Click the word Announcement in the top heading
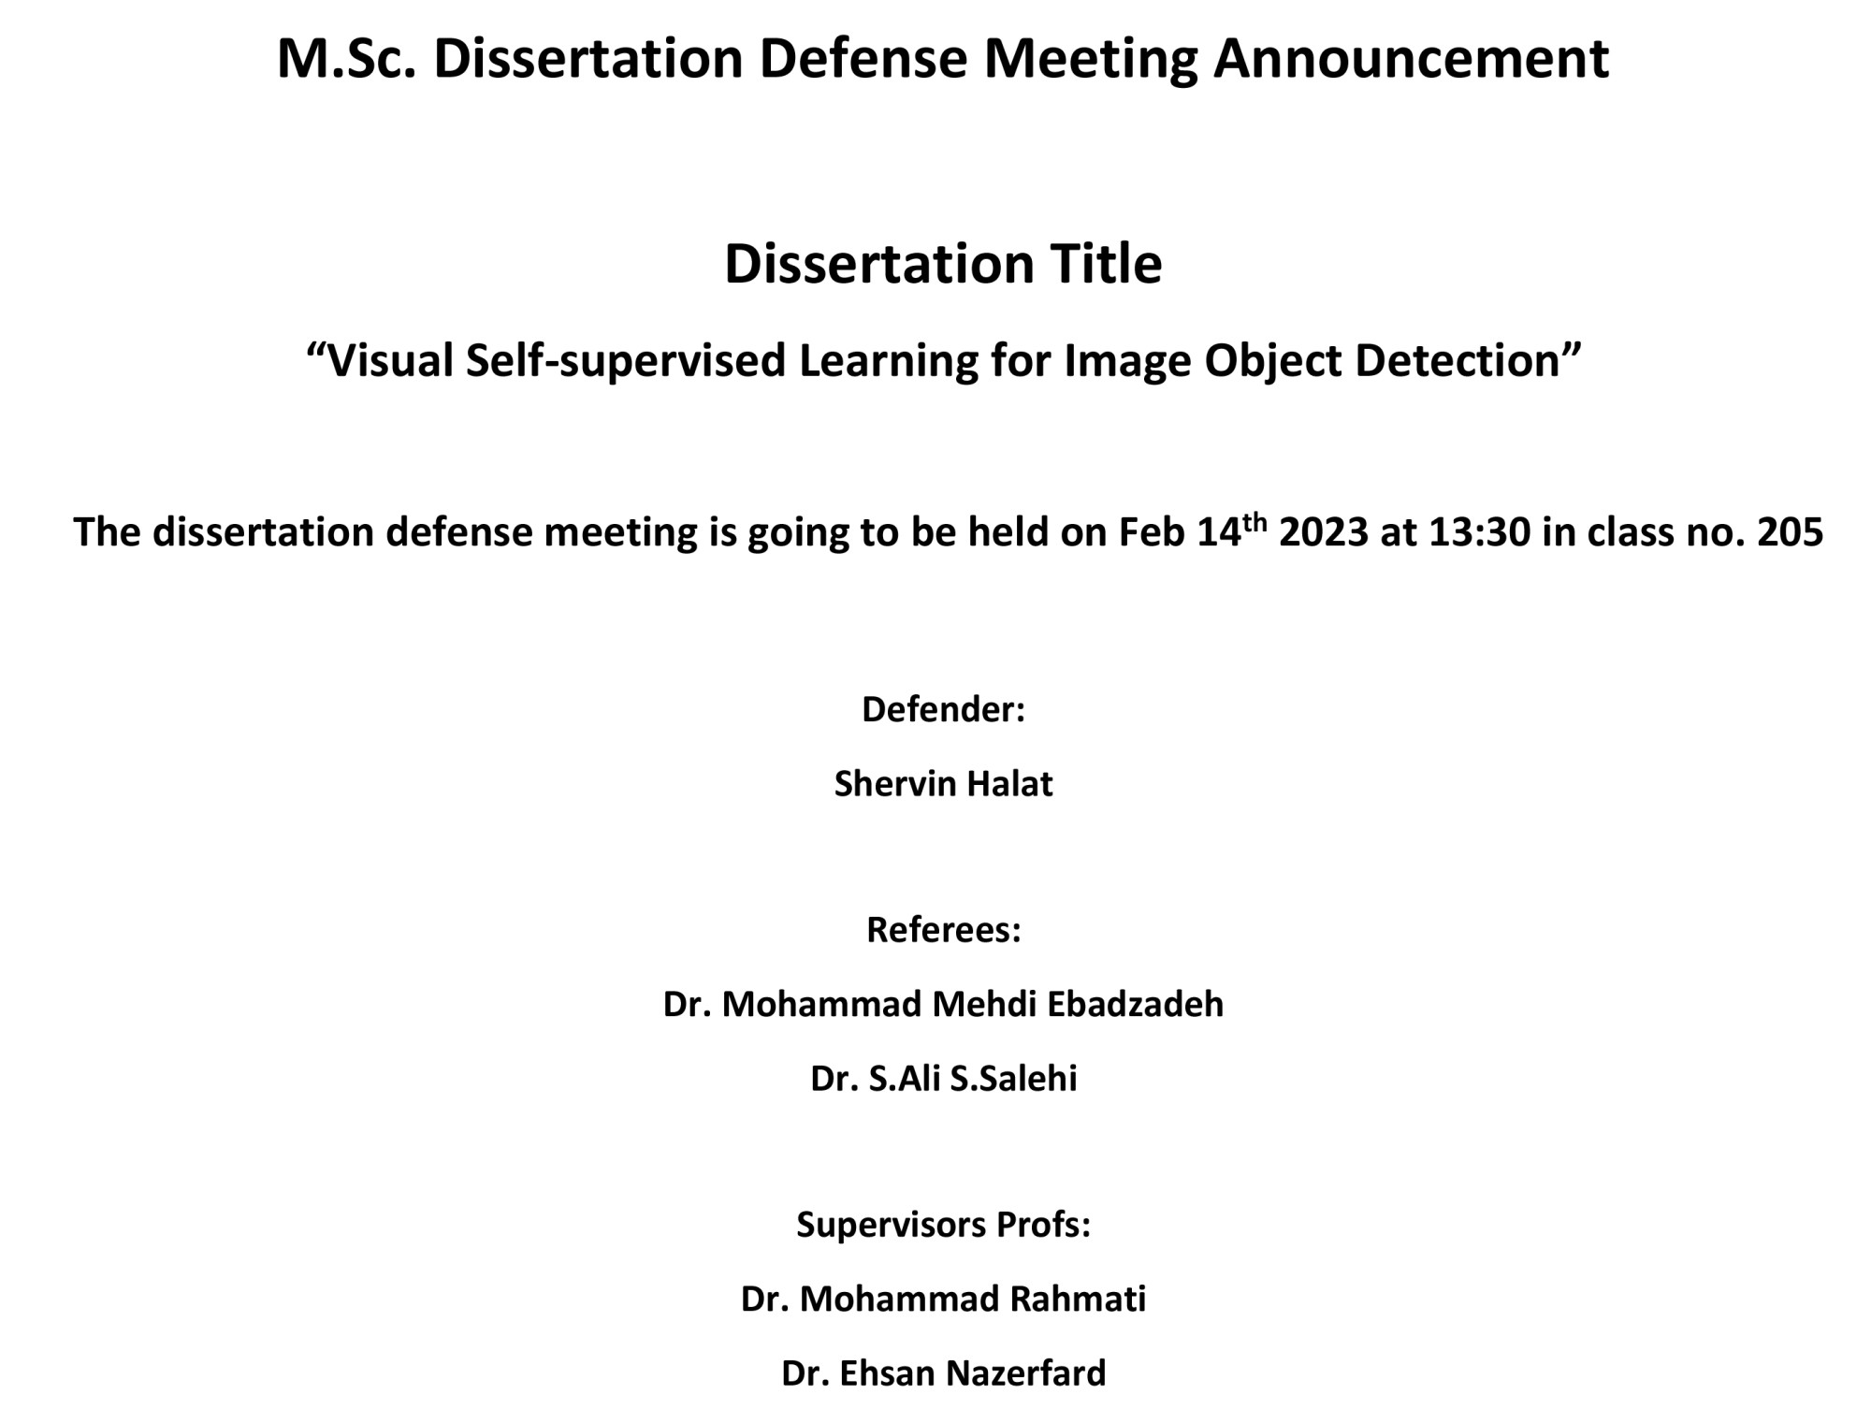tap(1411, 58)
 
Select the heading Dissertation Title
tap(943, 264)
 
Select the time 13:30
tap(1480, 532)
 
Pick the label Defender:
tap(943, 710)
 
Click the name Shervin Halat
tap(943, 784)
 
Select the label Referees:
tap(943, 930)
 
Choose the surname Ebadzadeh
tap(1135, 1005)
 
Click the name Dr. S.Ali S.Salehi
tap(943, 1079)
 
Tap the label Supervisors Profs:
tap(943, 1225)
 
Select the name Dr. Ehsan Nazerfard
tap(943, 1373)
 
